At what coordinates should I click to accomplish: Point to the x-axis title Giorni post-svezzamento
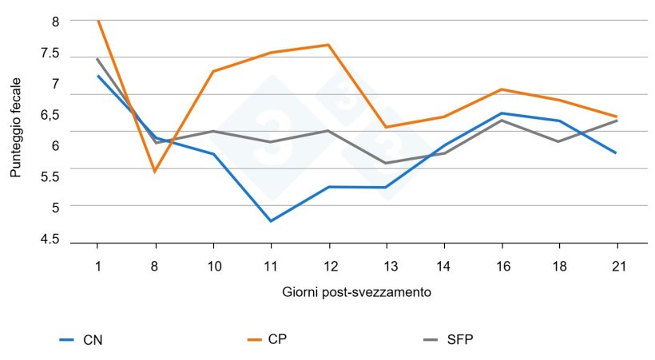pos(357,292)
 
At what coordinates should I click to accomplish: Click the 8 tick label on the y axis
pos(55,22)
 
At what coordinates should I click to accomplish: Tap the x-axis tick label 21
pos(617,266)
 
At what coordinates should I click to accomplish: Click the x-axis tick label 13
pos(386,266)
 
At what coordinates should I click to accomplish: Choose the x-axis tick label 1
pos(97,266)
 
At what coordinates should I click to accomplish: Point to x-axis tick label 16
pos(501,266)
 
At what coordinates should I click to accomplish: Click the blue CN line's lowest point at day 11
pos(271,221)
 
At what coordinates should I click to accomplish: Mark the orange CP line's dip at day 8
pos(155,172)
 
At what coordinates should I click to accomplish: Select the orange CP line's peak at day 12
pos(328,45)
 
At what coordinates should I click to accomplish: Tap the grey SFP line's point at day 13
pos(386,164)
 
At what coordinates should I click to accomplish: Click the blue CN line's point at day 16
pos(501,113)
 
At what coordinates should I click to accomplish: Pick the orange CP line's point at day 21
pos(617,117)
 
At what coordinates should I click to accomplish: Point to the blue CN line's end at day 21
pos(617,152)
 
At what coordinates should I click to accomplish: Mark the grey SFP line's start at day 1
pos(97,58)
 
